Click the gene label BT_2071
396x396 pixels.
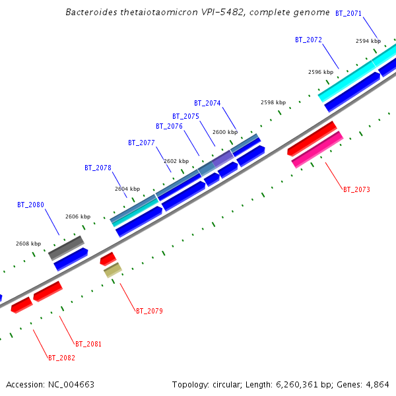pos(348,13)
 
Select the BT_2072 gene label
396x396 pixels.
pos(308,40)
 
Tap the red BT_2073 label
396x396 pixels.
pos(356,189)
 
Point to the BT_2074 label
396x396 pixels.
pos(207,103)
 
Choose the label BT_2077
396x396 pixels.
pos(141,143)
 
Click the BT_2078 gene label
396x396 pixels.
pos(98,168)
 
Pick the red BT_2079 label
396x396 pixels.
pos(149,311)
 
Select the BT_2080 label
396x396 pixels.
pos(30,205)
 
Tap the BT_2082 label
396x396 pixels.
pos(61,358)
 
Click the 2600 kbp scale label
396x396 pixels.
pos(224,132)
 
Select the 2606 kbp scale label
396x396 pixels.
pos(78,216)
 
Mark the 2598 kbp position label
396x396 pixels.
pos(273,102)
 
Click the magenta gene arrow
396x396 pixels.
pos(317,150)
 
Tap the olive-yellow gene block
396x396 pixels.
pos(113,269)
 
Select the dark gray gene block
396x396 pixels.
pos(67,247)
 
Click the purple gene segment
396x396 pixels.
pos(223,158)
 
